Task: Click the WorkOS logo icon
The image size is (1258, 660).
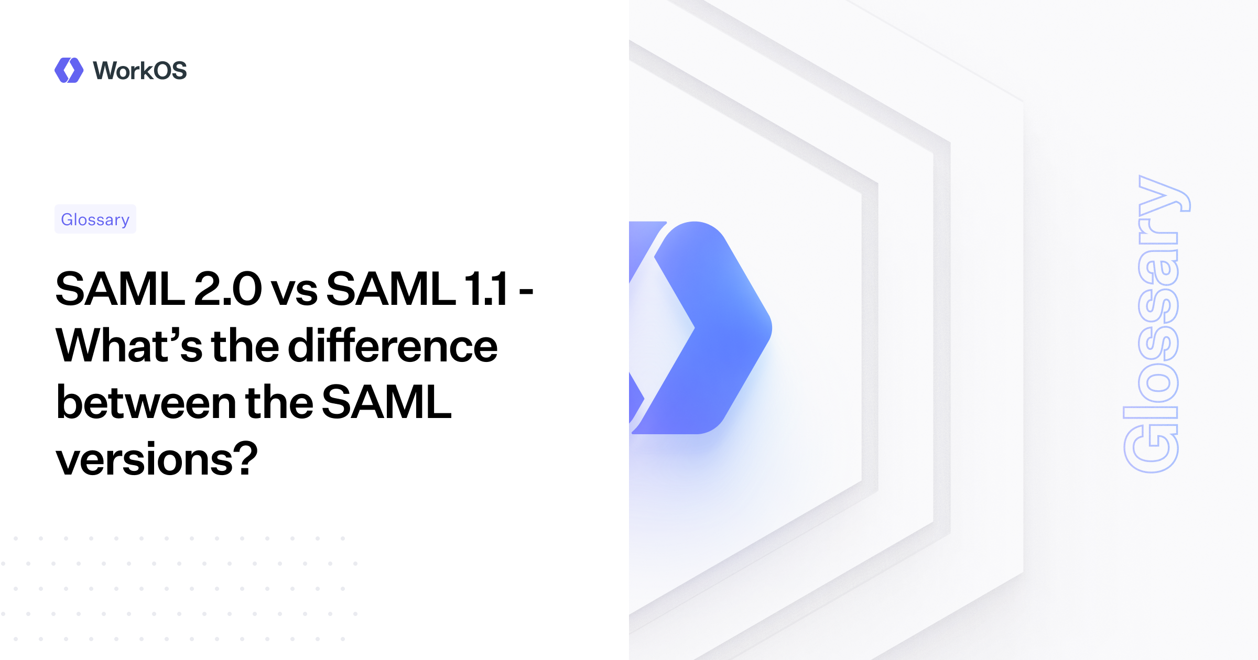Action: coord(69,70)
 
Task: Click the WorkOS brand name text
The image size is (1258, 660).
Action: coord(139,71)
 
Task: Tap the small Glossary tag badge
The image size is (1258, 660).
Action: coord(95,219)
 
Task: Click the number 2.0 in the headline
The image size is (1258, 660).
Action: coord(227,289)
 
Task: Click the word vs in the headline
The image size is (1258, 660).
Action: coord(294,291)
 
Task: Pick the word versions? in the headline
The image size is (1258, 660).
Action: coord(157,460)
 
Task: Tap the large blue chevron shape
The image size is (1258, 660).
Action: coord(713,328)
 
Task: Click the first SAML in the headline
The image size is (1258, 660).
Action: coord(120,289)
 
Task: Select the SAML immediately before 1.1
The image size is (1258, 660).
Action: coord(391,289)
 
